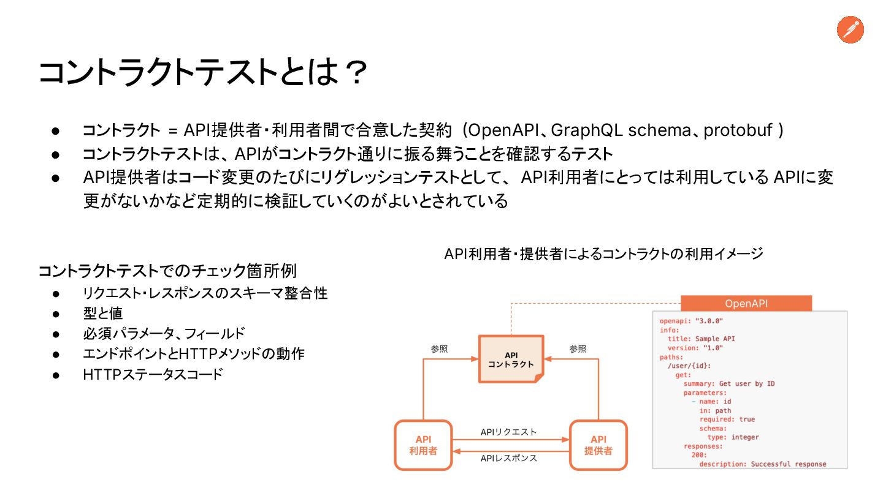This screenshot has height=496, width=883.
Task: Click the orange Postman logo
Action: coord(851,30)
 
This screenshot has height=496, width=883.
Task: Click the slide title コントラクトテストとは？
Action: coord(202,72)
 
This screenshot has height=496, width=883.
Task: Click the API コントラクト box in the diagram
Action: coord(511,359)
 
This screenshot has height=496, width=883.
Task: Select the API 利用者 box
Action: coord(423,445)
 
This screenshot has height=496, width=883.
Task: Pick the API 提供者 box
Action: coord(598,445)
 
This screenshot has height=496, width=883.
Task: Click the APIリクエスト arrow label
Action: coord(508,432)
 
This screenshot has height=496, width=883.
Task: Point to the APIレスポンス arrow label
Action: coord(509,458)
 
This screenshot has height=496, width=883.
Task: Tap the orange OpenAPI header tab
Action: coord(746,304)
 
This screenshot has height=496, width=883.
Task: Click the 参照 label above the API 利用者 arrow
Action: coord(439,349)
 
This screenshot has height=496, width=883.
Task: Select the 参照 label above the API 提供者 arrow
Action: coord(578,349)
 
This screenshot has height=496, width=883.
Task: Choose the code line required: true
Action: coord(727,419)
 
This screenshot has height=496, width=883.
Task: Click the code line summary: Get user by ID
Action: coord(729,384)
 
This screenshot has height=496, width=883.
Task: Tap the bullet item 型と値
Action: coord(103,314)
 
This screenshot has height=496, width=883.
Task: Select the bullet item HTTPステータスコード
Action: coord(153,374)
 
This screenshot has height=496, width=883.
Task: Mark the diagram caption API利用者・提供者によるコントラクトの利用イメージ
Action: coord(603,254)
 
